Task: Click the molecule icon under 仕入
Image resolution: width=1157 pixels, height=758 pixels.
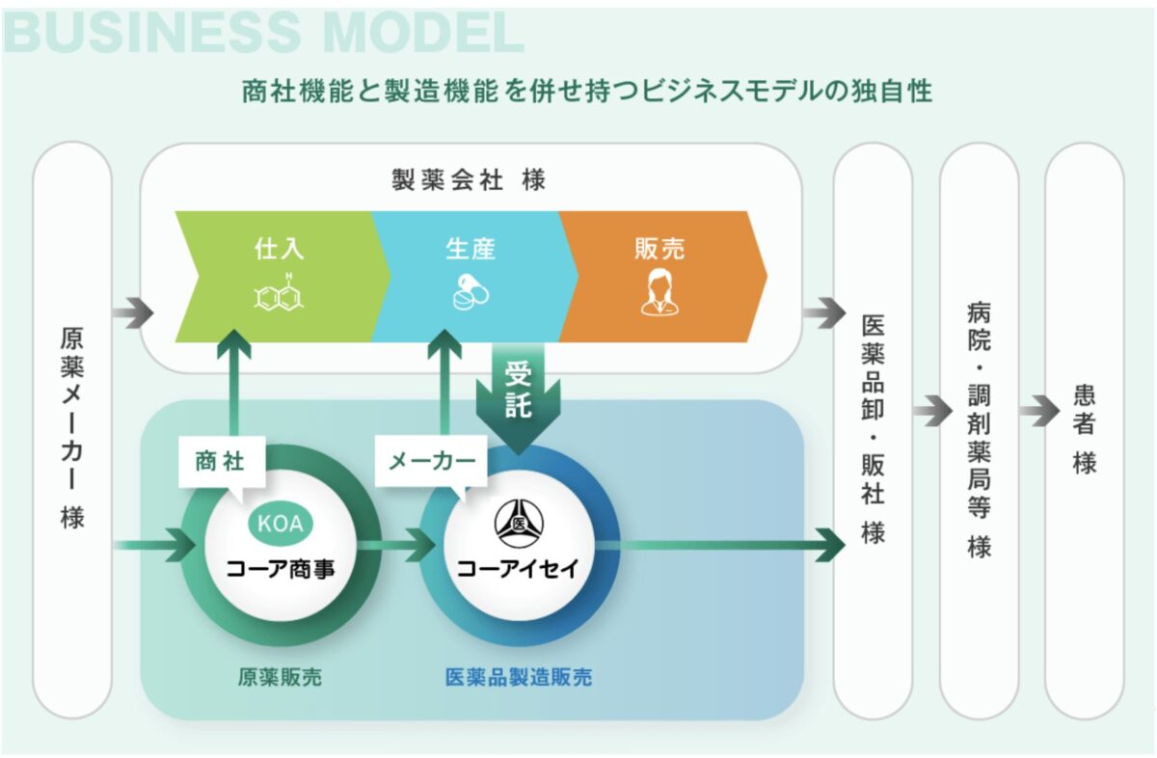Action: coord(280,294)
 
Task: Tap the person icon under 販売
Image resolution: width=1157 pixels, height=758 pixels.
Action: coord(659,292)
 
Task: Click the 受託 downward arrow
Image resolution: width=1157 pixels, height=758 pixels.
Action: coord(518,395)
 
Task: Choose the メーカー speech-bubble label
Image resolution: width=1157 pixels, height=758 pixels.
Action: coord(431,462)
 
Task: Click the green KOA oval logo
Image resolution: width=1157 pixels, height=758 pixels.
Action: coord(280,524)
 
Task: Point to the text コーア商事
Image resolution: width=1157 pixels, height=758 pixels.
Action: coord(280,568)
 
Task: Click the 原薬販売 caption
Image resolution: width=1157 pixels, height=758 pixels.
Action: coord(280,678)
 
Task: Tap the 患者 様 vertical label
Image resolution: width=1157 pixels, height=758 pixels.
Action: coord(1085,429)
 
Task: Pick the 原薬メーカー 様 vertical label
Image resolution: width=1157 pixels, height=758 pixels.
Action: coord(72,429)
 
